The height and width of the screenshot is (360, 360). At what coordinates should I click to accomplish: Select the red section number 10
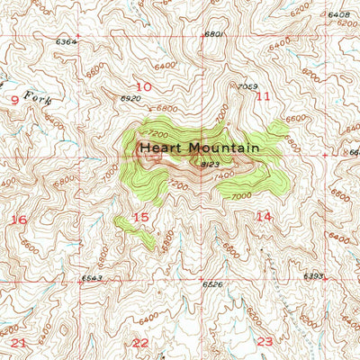[x=143, y=86]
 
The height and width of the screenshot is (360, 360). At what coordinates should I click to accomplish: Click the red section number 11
[x=263, y=95]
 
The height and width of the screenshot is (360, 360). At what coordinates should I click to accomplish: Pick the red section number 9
[x=13, y=100]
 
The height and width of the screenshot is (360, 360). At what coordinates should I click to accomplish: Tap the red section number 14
[x=263, y=216]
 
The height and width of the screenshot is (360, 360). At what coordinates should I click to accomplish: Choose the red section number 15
[x=140, y=217]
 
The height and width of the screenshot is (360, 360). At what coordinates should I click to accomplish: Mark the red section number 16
[x=19, y=220]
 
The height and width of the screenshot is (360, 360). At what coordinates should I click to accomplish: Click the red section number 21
[x=20, y=343]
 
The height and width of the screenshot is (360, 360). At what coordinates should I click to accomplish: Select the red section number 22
[x=140, y=343]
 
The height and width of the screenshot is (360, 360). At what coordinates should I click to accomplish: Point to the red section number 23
[x=264, y=341]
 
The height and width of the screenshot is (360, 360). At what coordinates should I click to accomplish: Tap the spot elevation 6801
[x=212, y=34]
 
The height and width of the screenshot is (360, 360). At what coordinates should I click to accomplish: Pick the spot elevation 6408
[x=338, y=15]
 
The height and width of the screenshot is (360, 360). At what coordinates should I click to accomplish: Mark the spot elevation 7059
[x=247, y=86]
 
